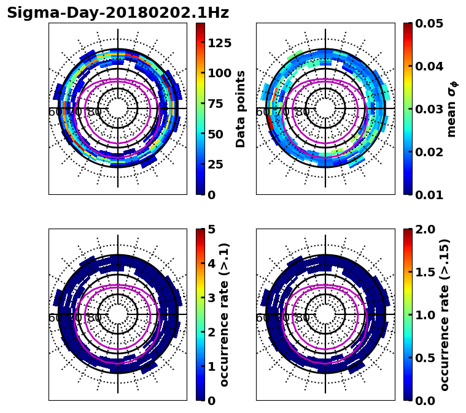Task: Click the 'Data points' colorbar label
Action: (241, 108)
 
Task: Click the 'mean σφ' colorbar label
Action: (452, 108)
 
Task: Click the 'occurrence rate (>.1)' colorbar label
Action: (225, 314)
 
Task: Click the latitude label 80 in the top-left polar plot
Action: (95, 112)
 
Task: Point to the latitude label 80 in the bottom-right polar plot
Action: (302, 318)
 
